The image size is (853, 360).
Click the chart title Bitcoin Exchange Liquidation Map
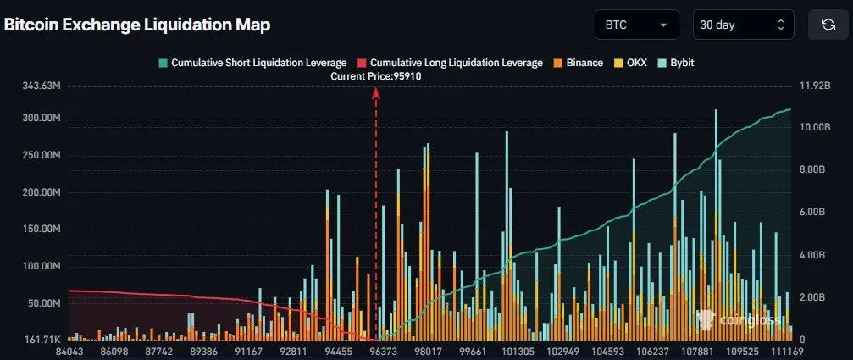tap(137, 25)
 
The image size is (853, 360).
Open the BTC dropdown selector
tap(637, 25)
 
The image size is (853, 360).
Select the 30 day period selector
tap(743, 25)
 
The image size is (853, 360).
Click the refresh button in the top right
tap(828, 25)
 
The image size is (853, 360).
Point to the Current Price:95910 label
tap(376, 76)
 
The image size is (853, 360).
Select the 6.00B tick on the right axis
tap(813, 212)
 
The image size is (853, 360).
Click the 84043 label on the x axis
tap(70, 351)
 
